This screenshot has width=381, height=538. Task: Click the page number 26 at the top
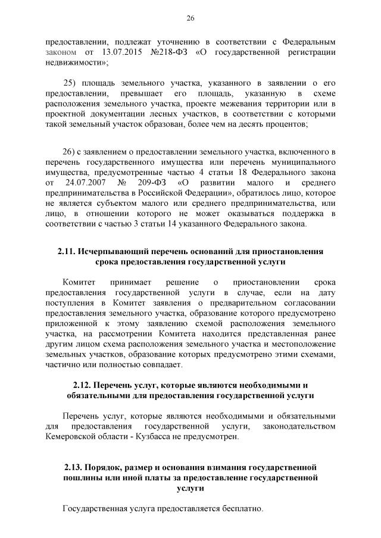click(x=190, y=18)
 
